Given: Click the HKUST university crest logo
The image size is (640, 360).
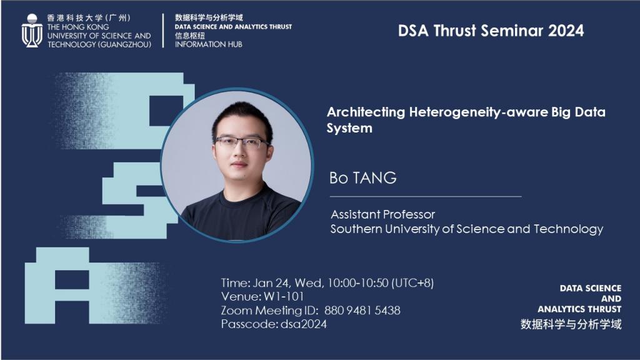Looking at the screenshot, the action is [x=32, y=31].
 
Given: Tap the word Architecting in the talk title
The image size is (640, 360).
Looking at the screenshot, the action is [x=366, y=112].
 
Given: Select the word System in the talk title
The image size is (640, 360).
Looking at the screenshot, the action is [x=349, y=129].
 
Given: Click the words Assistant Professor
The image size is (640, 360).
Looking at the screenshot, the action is [x=383, y=214].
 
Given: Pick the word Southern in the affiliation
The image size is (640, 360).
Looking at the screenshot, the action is [x=356, y=229].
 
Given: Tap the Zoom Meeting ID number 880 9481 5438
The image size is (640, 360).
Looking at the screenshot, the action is [x=362, y=311].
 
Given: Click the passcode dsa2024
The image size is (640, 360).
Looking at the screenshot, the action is [x=304, y=324].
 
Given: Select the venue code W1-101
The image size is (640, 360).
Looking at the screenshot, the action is [x=284, y=297].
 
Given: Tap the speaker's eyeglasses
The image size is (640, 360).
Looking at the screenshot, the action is [x=242, y=142].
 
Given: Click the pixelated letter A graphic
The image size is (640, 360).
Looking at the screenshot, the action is [x=57, y=286].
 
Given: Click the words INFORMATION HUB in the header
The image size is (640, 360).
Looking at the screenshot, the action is [x=209, y=44].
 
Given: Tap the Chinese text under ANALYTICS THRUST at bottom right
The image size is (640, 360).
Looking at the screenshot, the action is [x=571, y=324].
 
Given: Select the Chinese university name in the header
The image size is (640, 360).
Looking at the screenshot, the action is [x=89, y=18].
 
